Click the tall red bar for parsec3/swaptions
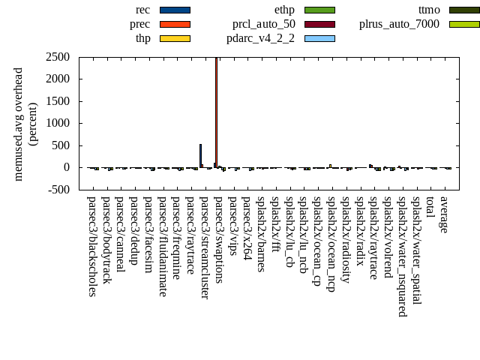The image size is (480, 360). (216, 112)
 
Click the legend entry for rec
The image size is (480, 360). (142, 10)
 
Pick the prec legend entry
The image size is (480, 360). (139, 24)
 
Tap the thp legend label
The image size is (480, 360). (142, 38)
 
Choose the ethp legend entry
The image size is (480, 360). (284, 10)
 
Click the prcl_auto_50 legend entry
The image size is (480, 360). (263, 24)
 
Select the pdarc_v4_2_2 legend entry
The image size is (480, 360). (260, 38)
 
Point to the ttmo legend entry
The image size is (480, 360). (429, 10)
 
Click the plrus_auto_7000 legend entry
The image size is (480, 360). (399, 24)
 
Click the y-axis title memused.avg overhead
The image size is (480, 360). (19, 124)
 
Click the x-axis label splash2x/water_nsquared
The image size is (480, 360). (402, 256)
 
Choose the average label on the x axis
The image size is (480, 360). (444, 214)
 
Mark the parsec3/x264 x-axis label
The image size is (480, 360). (247, 223)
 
